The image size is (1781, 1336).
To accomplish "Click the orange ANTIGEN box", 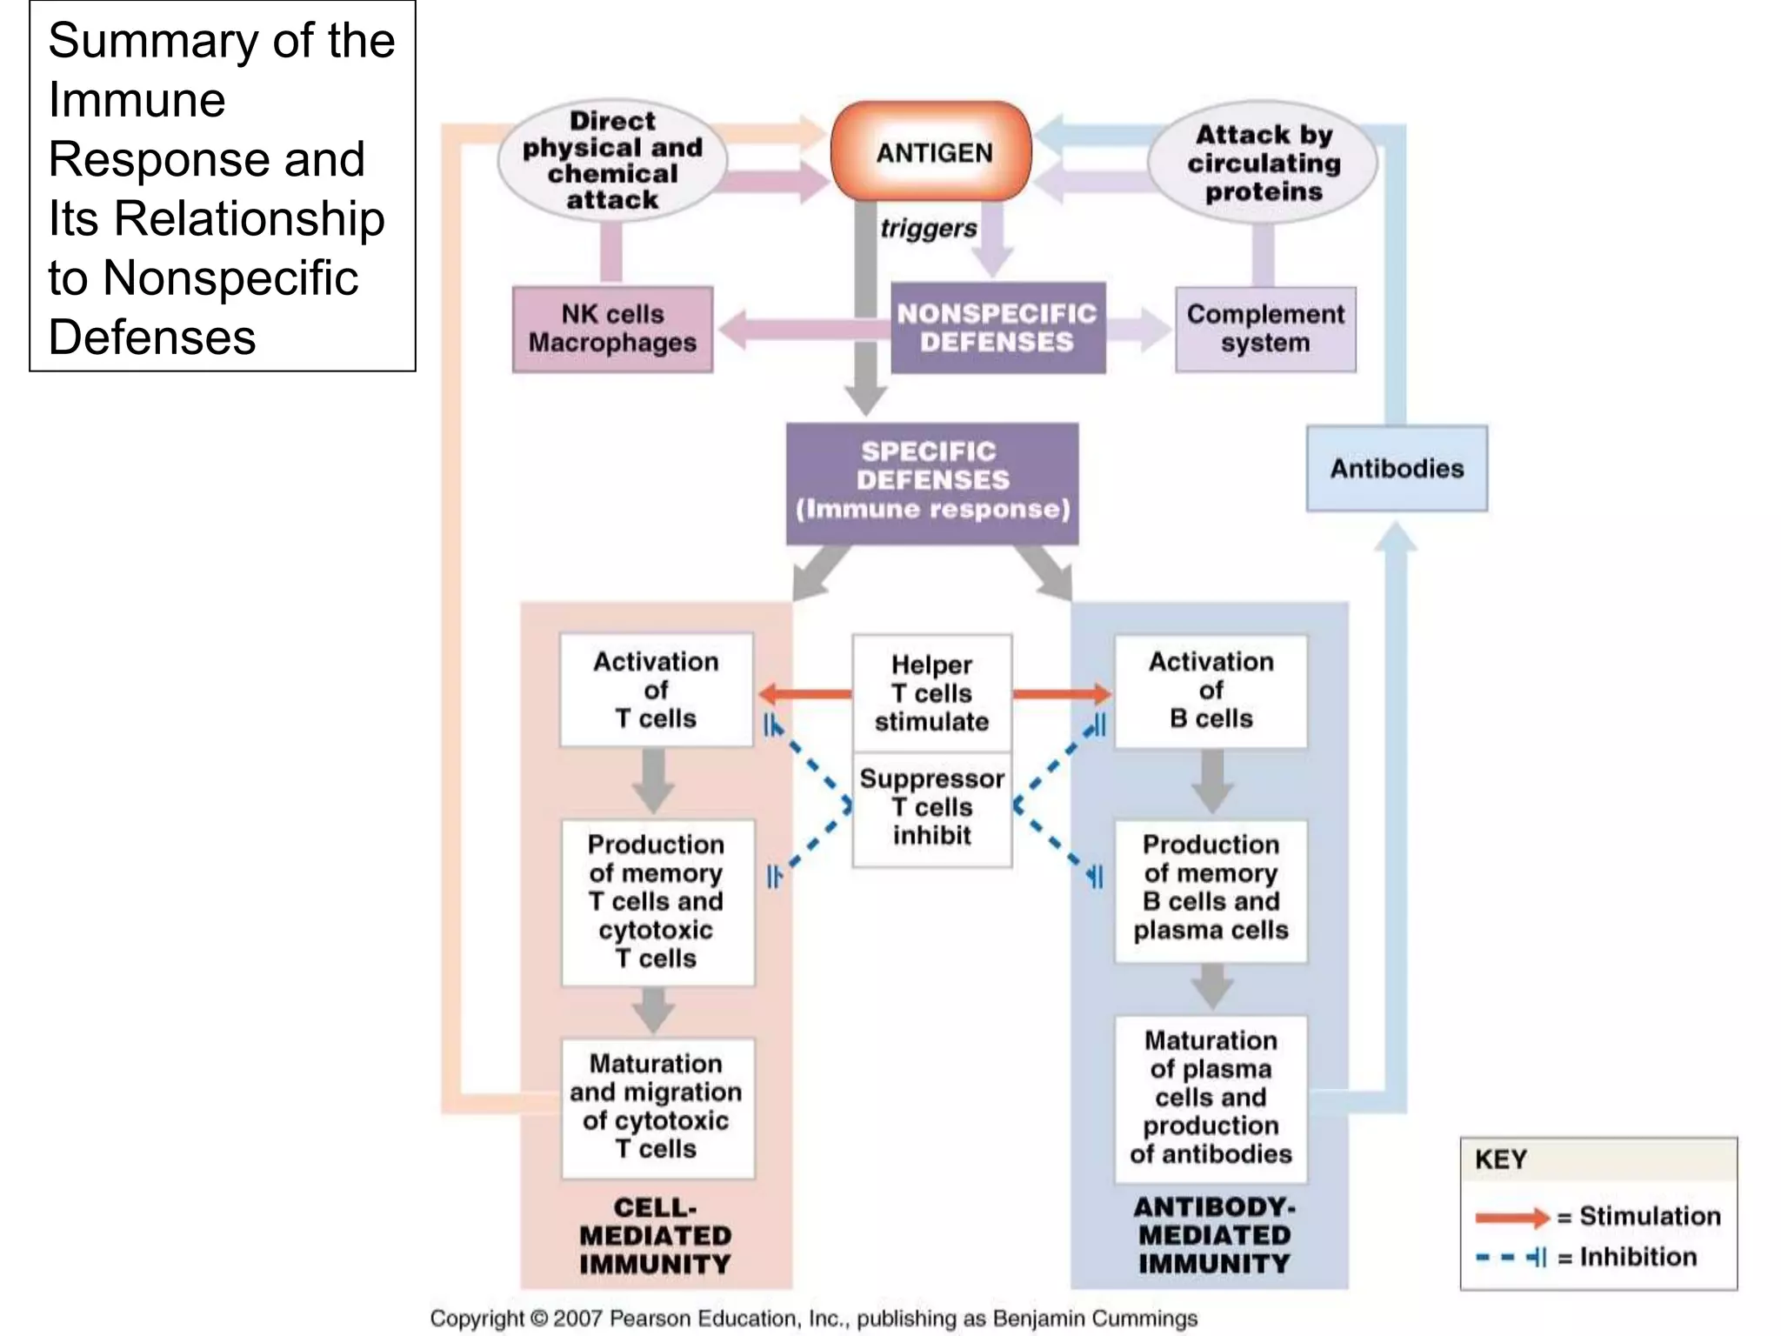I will click(x=932, y=152).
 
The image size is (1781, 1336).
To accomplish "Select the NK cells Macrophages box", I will click(x=612, y=329).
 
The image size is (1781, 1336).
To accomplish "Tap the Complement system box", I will click(x=1265, y=329).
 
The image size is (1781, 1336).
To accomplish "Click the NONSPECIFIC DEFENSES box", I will click(x=997, y=328).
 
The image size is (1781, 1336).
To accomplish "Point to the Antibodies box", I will click(x=1397, y=468).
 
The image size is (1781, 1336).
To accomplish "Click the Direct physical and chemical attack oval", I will click(x=612, y=160).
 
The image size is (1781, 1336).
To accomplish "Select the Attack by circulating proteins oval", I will click(x=1263, y=163).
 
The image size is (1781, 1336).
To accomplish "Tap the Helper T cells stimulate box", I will click(x=931, y=692).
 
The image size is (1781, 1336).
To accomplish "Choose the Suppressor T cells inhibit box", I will click(x=931, y=808).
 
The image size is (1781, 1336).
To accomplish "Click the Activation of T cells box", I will click(x=656, y=690).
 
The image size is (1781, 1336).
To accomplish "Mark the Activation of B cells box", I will click(x=1211, y=690).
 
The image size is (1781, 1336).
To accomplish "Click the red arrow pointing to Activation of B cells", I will click(x=1061, y=694).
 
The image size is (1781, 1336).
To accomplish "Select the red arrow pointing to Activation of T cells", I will click(x=804, y=694).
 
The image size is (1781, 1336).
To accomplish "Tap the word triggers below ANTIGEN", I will click(x=928, y=229).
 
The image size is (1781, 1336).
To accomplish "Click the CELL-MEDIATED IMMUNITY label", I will click(x=656, y=1235).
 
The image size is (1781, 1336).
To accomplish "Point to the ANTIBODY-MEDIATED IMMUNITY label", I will click(x=1214, y=1235).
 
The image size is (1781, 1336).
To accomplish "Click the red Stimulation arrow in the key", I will click(x=1511, y=1217).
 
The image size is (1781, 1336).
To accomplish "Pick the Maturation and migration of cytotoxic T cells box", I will click(x=656, y=1106).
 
